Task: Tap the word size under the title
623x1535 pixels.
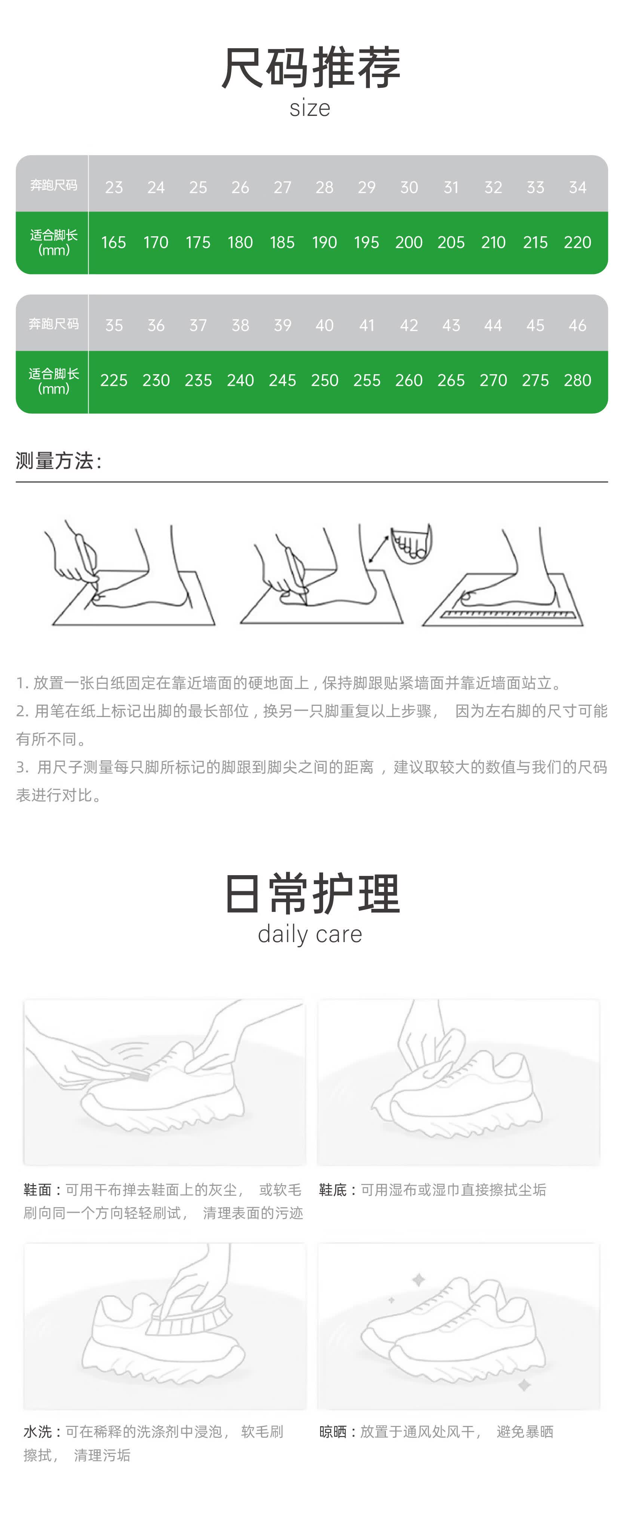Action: (310, 108)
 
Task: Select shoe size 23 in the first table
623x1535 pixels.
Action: (114, 187)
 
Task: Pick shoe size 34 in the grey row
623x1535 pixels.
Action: (577, 187)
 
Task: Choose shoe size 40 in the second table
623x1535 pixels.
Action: (324, 325)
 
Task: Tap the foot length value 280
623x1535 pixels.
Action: (577, 380)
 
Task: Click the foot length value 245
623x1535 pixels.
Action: (282, 380)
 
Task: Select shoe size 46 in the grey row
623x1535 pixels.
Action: (577, 325)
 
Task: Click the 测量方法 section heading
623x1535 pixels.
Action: (58, 461)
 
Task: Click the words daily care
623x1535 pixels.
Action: (310, 934)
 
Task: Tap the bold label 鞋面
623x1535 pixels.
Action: (37, 1190)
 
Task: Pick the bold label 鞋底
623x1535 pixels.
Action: (333, 1190)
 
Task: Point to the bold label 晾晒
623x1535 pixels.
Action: (333, 1432)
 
